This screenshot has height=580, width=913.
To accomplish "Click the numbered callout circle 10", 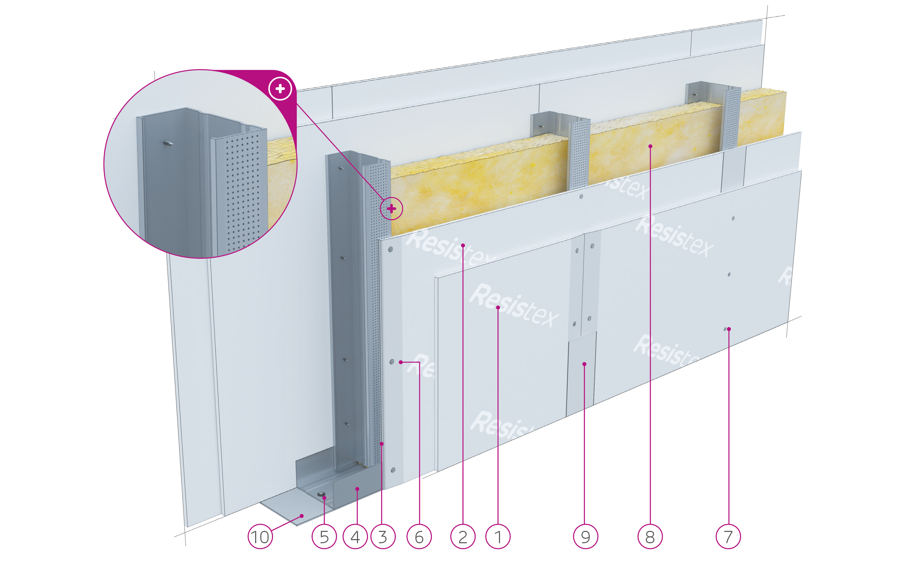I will (x=260, y=537).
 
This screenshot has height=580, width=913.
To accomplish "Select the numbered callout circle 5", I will (x=324, y=537).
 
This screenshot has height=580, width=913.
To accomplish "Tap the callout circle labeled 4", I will (x=355, y=537).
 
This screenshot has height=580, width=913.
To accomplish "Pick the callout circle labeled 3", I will (x=383, y=537).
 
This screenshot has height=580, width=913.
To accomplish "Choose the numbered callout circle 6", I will (x=419, y=537).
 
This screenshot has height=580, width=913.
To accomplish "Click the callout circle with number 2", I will (x=463, y=537).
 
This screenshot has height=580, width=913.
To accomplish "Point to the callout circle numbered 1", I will (x=498, y=537).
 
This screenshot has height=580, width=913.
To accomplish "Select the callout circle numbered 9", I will (x=585, y=537).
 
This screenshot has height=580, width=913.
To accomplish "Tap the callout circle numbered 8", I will (x=650, y=537).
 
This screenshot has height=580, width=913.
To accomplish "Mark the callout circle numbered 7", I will (x=728, y=537).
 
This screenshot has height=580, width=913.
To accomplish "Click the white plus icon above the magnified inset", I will (x=280, y=89).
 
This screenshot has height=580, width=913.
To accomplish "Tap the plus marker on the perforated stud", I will (x=391, y=208).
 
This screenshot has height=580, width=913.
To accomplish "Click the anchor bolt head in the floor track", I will (x=322, y=494).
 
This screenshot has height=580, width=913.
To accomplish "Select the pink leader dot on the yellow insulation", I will (x=650, y=146).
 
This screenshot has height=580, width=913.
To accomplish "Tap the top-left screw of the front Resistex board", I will (x=390, y=249).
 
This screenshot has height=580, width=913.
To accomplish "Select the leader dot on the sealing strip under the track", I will (x=302, y=516).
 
